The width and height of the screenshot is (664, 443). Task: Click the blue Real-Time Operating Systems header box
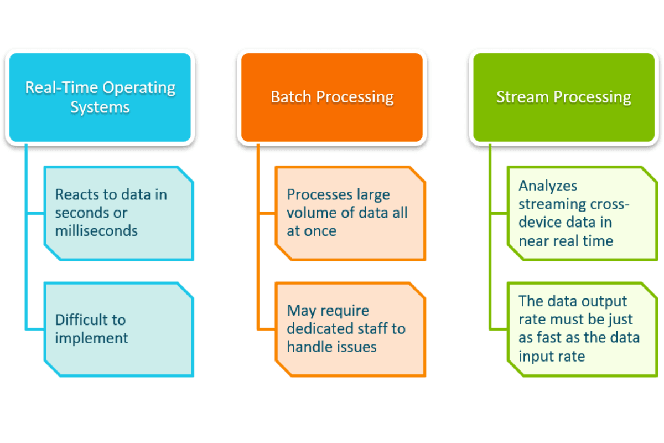(x=100, y=97)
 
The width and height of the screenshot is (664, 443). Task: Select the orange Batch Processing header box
(x=332, y=97)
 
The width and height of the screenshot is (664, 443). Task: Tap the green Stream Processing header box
(x=563, y=97)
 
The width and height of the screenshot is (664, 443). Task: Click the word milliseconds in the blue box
(x=96, y=230)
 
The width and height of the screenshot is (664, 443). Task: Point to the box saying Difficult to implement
(x=119, y=329)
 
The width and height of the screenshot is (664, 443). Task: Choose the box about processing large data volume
(x=350, y=213)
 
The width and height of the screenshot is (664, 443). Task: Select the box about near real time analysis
(x=582, y=213)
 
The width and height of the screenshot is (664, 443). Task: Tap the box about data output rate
(x=582, y=329)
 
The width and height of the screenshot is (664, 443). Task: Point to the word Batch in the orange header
(x=290, y=97)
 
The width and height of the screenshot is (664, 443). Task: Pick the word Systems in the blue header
(x=100, y=106)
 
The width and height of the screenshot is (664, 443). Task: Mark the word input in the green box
(x=536, y=356)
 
